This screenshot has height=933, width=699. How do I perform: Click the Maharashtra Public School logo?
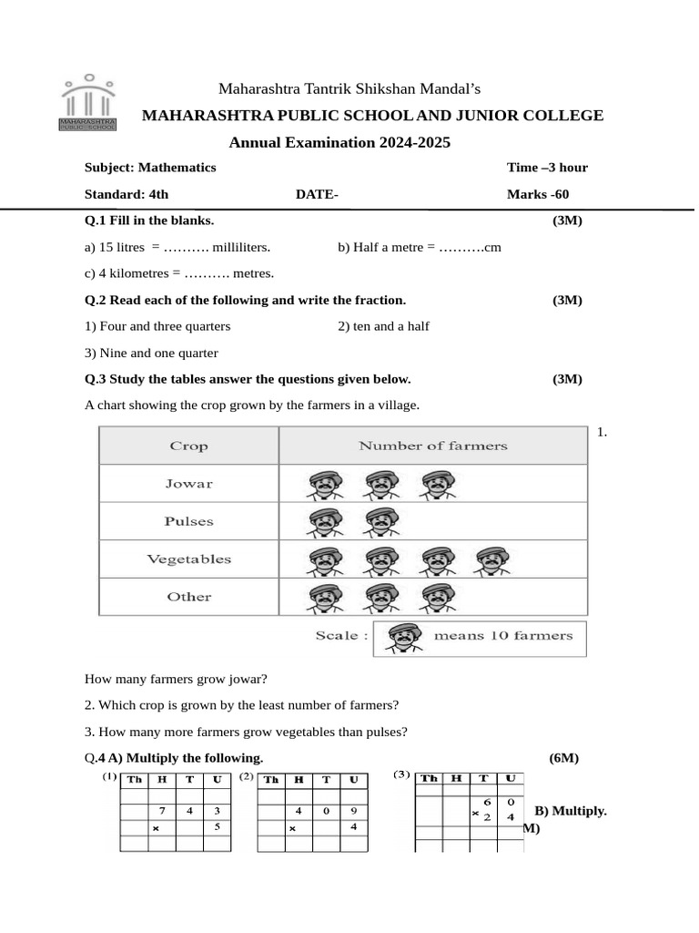tap(87, 104)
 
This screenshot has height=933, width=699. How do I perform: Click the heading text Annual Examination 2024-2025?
tap(339, 142)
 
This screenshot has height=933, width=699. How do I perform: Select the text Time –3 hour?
tap(547, 168)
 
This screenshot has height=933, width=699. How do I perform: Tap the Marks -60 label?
tap(538, 194)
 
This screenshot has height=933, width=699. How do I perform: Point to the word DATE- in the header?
tap(317, 194)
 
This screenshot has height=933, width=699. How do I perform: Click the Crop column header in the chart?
tap(188, 446)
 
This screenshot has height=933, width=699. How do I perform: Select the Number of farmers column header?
tap(432, 446)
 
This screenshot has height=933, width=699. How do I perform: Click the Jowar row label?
tap(188, 484)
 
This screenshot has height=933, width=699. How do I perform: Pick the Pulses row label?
tap(188, 522)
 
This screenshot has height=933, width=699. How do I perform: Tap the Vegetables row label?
tap(188, 559)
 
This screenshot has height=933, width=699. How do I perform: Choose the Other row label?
tap(188, 597)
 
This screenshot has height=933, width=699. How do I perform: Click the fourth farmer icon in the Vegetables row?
tap(492, 561)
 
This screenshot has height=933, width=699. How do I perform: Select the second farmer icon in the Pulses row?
tap(380, 523)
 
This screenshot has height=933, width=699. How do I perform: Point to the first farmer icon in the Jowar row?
tap(323, 485)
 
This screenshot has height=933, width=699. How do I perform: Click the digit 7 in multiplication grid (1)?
tap(162, 809)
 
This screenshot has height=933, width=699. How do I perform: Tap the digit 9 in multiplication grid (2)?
tap(353, 809)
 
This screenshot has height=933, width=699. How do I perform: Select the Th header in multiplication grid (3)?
tap(429, 778)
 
